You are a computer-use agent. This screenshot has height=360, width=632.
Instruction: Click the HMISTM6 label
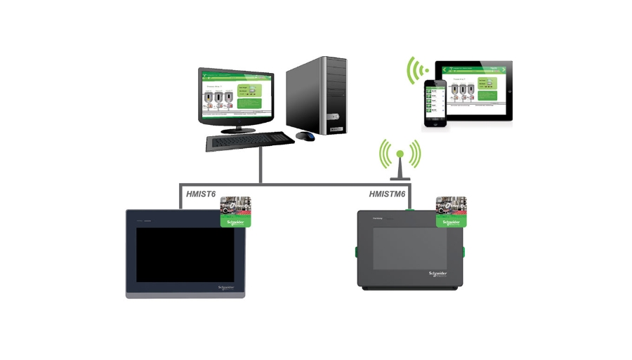(388, 194)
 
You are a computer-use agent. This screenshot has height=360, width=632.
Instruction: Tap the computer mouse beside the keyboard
(305, 135)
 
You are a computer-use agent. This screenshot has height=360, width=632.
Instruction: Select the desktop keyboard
(249, 141)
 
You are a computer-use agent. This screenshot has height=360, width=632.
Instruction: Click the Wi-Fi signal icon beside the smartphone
(419, 70)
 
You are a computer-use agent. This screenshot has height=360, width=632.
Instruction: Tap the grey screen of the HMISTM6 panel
(404, 246)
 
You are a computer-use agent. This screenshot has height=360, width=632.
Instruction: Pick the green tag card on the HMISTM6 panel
(451, 211)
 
